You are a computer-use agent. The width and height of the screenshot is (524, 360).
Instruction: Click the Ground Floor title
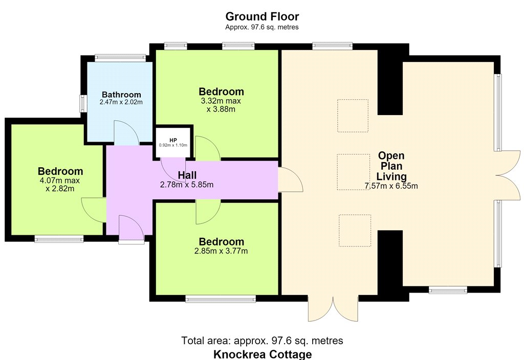262,16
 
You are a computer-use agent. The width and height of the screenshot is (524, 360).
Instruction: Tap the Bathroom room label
121,95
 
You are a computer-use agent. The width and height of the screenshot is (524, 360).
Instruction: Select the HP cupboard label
173,140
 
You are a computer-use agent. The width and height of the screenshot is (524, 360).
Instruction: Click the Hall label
187,175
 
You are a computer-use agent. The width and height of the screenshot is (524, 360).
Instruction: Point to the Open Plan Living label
391,166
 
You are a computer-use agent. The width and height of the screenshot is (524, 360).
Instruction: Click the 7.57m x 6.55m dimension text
391,186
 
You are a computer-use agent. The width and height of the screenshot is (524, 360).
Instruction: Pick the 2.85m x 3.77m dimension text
221,251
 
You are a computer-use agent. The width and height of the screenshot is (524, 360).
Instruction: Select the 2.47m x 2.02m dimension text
121,102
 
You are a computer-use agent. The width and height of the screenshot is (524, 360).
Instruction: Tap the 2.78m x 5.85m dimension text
187,185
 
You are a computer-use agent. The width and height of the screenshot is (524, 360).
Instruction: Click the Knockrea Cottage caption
263,354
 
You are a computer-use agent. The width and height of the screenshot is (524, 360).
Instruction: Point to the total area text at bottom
262,341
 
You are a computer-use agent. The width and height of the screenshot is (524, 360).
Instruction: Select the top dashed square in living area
353,116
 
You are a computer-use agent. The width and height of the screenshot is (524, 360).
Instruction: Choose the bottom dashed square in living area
355,231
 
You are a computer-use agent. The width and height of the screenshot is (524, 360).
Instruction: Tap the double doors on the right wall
508,175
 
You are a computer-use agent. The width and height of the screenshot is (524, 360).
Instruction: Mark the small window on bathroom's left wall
82,103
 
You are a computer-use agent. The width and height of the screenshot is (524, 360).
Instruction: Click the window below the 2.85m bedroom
221,299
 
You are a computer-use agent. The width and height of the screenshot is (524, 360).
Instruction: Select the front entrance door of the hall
132,229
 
